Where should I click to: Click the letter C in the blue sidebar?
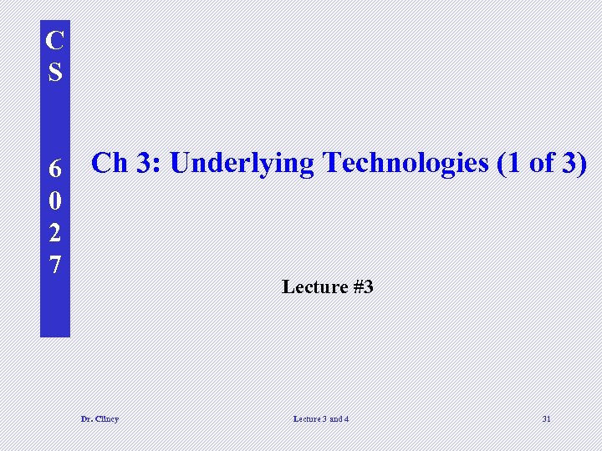click(x=55, y=40)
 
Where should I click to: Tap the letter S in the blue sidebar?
click(x=55, y=72)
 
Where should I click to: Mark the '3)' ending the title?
click(x=574, y=164)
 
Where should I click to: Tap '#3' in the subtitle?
click(x=363, y=287)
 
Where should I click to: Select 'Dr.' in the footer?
click(x=86, y=418)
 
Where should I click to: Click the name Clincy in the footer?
click(x=106, y=418)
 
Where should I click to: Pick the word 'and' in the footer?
click(x=335, y=418)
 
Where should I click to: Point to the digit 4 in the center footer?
click(x=346, y=418)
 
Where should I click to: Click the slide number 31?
click(x=546, y=418)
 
